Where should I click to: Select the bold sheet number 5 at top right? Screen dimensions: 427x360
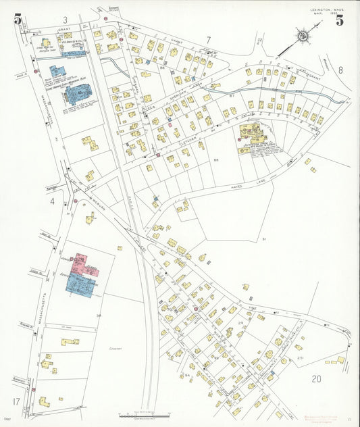tap(339, 20)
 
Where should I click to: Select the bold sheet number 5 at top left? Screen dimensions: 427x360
tap(18, 19)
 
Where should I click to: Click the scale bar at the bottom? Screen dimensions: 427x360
tap(142, 414)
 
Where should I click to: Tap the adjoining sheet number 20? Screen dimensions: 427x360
tap(316, 379)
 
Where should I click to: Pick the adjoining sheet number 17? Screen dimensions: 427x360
tap(16, 402)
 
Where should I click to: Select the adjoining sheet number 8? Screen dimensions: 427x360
tap(340, 70)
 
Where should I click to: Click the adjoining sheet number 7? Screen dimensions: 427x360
tap(209, 39)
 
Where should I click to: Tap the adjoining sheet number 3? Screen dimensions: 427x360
tap(66, 20)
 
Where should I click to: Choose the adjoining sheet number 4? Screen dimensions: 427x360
tap(51, 201)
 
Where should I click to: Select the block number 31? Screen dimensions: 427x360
tap(265, 239)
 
